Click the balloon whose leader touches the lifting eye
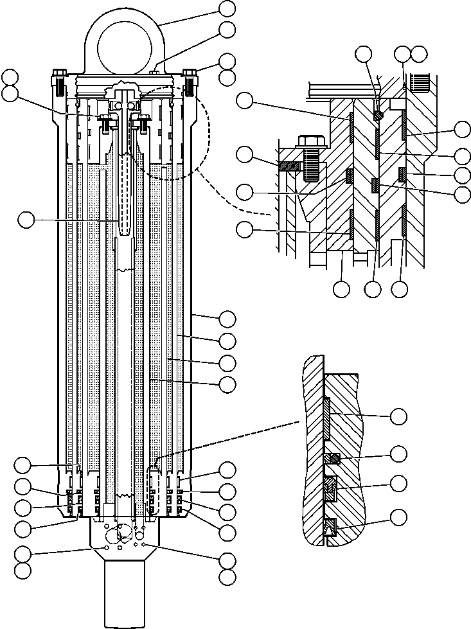point(227,8)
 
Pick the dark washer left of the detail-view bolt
point(287,164)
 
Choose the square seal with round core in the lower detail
point(333,458)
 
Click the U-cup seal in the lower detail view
point(331,489)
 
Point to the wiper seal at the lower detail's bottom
point(332,527)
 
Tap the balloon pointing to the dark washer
point(244,155)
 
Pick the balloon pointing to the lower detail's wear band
point(400,416)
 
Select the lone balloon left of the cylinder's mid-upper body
point(26,220)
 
